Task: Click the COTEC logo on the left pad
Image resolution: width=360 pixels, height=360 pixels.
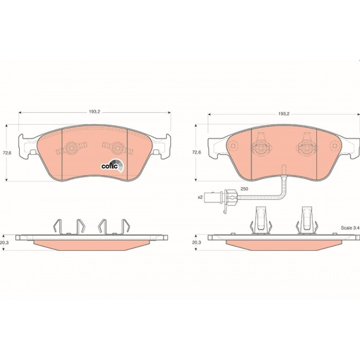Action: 113,165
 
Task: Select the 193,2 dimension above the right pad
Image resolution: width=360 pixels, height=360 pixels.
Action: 284,114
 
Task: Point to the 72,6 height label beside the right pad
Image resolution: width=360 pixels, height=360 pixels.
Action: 196,152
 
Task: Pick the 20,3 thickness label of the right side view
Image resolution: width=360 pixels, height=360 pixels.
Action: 196,242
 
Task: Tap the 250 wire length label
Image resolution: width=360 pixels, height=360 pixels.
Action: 244,189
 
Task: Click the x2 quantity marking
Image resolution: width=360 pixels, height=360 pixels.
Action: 200,197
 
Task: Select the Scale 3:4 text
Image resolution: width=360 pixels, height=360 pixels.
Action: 350,228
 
